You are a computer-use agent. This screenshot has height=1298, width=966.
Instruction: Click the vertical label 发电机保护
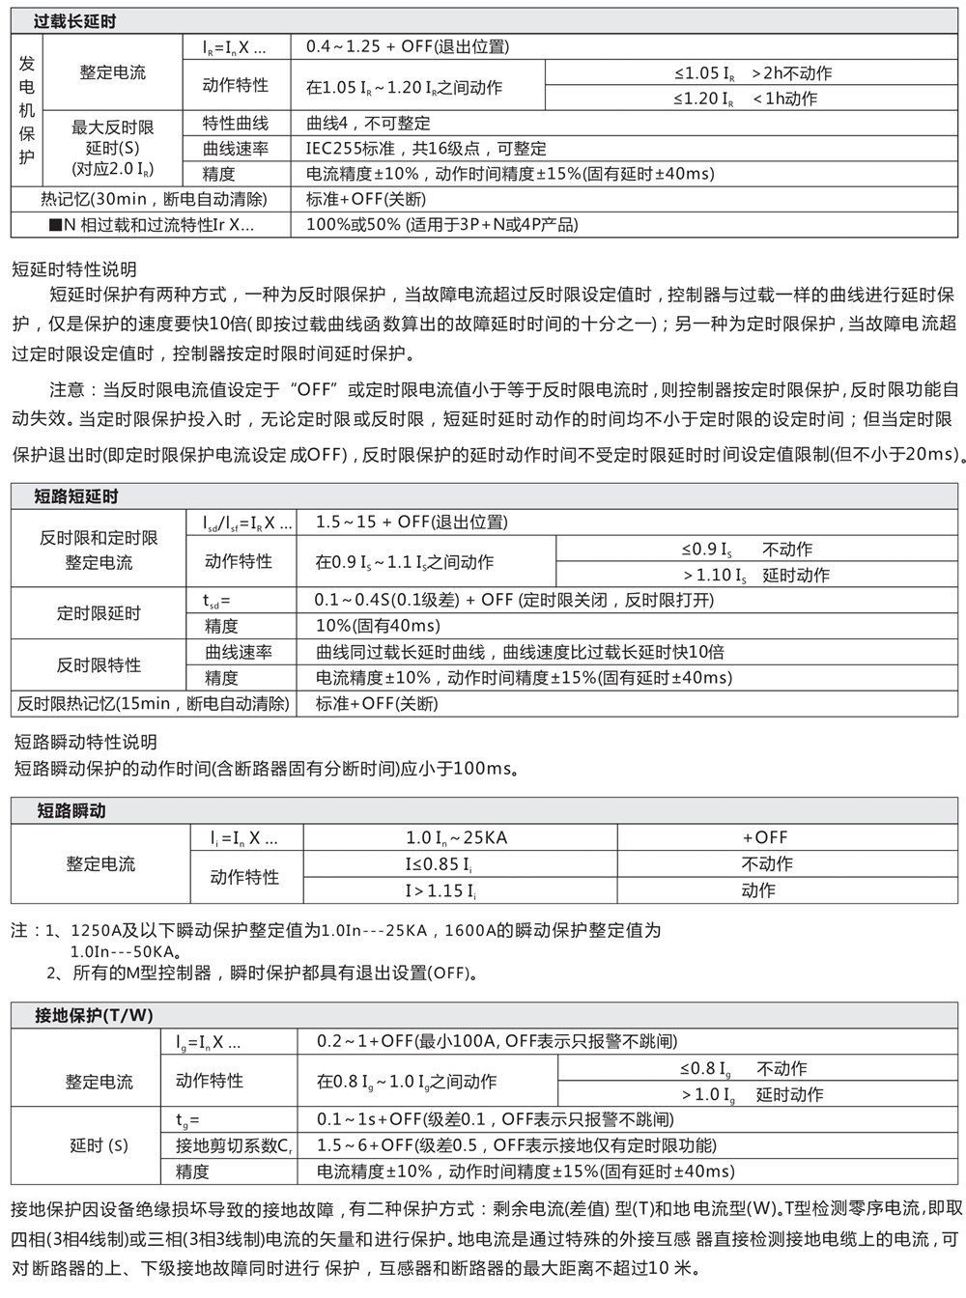click(x=27, y=110)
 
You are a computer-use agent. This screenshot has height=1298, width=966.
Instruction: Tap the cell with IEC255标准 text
click(x=426, y=149)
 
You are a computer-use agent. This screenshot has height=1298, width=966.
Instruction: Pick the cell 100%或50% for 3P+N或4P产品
click(x=441, y=225)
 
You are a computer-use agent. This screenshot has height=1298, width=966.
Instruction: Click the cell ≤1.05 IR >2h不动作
click(x=753, y=73)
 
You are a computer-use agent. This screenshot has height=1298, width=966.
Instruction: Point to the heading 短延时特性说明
click(x=74, y=269)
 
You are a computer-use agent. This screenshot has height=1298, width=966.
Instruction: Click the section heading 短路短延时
click(x=75, y=496)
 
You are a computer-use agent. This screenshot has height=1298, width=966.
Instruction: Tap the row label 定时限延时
click(x=99, y=613)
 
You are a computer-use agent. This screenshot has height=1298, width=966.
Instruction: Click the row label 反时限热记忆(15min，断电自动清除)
click(x=153, y=704)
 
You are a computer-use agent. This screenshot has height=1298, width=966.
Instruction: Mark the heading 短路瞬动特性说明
click(x=85, y=743)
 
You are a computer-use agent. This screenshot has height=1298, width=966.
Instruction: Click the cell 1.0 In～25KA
click(x=456, y=838)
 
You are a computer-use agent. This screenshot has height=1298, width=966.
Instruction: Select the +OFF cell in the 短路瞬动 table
click(x=765, y=838)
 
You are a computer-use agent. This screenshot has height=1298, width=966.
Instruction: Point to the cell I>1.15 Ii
click(x=440, y=890)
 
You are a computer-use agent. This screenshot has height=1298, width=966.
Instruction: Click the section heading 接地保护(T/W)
click(x=94, y=1015)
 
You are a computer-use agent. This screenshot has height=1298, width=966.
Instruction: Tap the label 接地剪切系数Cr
click(x=234, y=1146)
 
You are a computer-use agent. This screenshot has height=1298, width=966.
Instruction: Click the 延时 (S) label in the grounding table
click(x=99, y=1146)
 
